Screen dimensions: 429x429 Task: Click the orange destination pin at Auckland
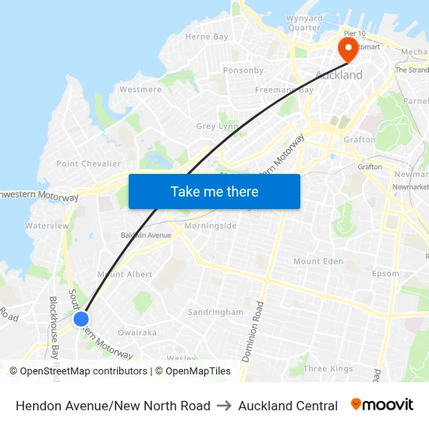pyautogui.click(x=347, y=49)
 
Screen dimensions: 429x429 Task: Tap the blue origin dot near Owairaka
pyautogui.click(x=81, y=318)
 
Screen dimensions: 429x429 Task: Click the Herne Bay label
pyautogui.click(x=207, y=37)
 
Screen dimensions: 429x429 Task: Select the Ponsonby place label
pyautogui.click(x=243, y=70)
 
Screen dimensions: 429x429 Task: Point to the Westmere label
pyautogui.click(x=140, y=90)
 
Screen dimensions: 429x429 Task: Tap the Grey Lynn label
pyautogui.click(x=217, y=126)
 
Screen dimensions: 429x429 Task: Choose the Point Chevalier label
pyautogui.click(x=89, y=164)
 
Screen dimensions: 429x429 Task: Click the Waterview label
pyautogui.click(x=47, y=225)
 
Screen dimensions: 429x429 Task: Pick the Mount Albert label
pyautogui.click(x=125, y=275)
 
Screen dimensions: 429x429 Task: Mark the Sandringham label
pyautogui.click(x=215, y=312)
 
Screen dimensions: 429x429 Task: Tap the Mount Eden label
pyautogui.click(x=318, y=261)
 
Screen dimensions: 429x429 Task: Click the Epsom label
pyautogui.click(x=385, y=274)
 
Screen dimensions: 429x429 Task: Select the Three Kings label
pyautogui.click(x=328, y=369)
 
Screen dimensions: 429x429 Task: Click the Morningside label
pyautogui.click(x=211, y=226)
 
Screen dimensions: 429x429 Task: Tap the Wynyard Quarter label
pyautogui.click(x=303, y=23)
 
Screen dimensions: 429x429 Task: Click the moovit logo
pyautogui.click(x=382, y=405)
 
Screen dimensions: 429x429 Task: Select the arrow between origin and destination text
pyautogui.click(x=224, y=406)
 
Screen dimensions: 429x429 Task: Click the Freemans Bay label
pyautogui.click(x=284, y=90)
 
